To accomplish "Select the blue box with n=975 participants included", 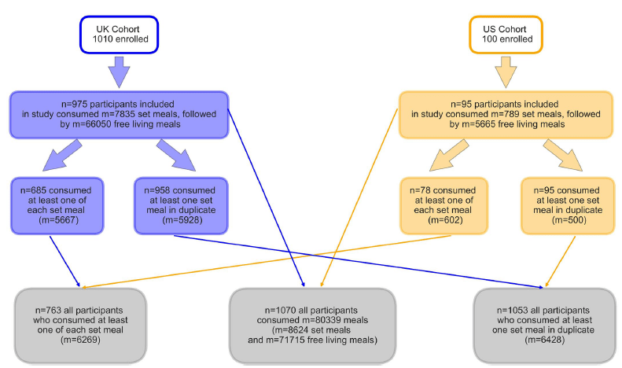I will tap(119, 114).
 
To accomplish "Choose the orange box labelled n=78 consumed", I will tap(444, 205).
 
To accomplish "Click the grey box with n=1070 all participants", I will tap(312, 325).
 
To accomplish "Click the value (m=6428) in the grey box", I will tap(545, 340).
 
